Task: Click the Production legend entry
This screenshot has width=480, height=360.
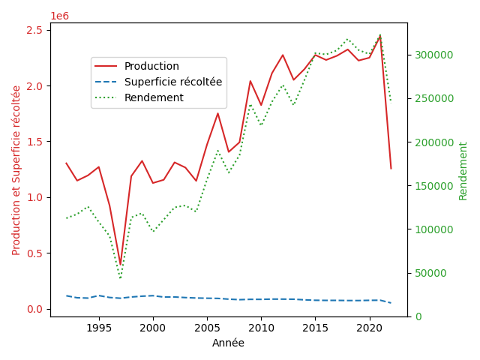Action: pyautogui.click(x=151, y=66)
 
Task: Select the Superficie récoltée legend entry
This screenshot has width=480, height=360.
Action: pyautogui.click(x=172, y=82)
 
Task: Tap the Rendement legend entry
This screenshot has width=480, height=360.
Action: pyautogui.click(x=154, y=97)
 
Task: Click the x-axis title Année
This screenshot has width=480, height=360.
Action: pyautogui.click(x=228, y=343)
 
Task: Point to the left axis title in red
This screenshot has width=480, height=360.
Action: pyautogui.click(x=16, y=169)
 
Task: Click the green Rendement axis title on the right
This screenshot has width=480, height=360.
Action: pyautogui.click(x=463, y=170)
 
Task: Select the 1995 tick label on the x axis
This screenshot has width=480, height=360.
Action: pyautogui.click(x=99, y=328)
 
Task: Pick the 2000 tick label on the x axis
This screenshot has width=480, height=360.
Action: pyautogui.click(x=153, y=328)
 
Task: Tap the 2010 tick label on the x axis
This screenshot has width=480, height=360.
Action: pyautogui.click(x=261, y=328)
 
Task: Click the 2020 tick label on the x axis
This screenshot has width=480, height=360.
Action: pyautogui.click(x=369, y=328)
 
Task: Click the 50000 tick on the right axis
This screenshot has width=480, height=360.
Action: pyautogui.click(x=430, y=273)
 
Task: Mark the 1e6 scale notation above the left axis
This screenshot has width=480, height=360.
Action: pyautogui.click(x=60, y=16)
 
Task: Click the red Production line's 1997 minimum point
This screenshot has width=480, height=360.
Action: pyautogui.click(x=120, y=265)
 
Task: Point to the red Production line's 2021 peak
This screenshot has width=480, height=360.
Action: pyautogui.click(x=379, y=35)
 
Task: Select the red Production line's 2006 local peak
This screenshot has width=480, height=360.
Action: pyautogui.click(x=217, y=113)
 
